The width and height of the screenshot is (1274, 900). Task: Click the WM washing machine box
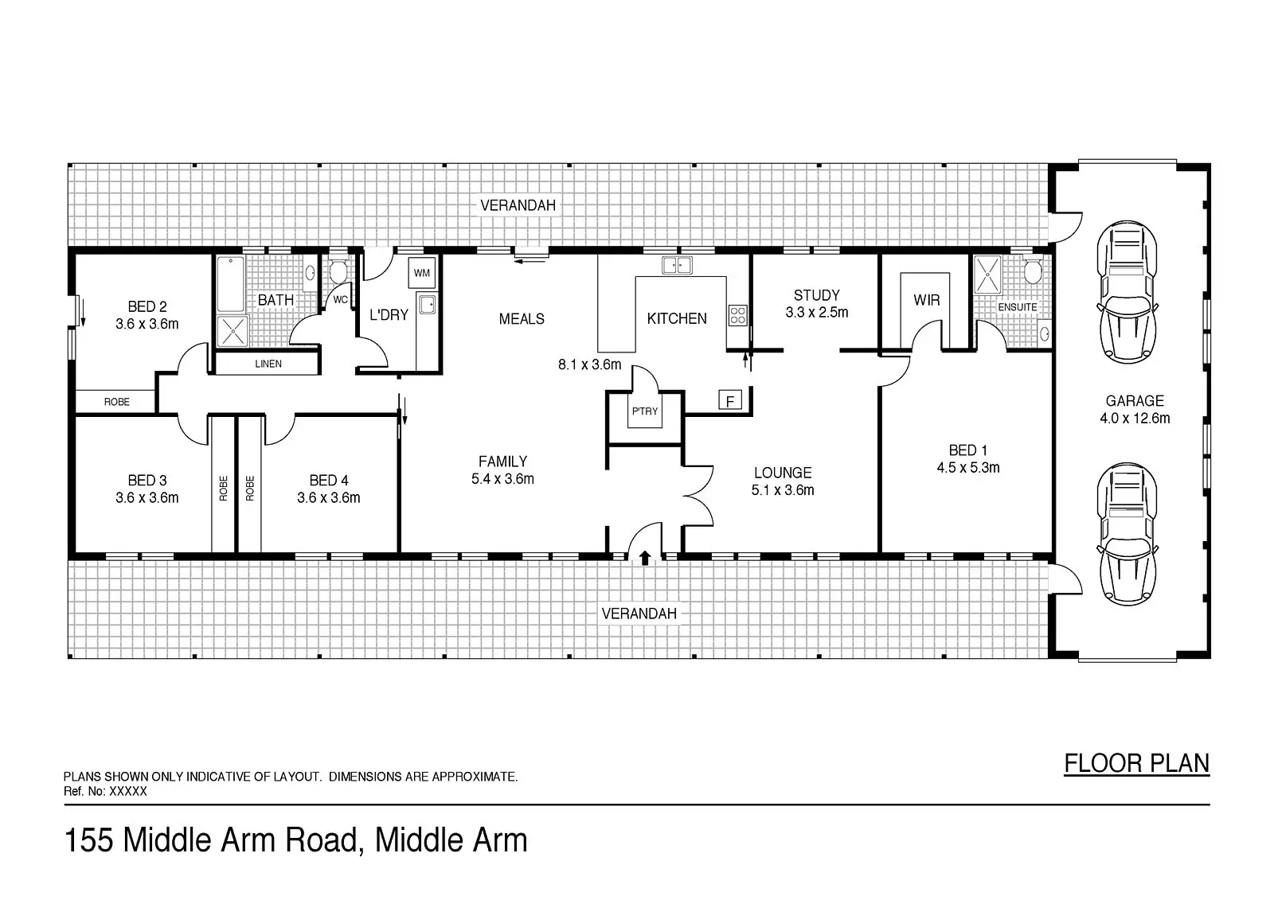pos(421,272)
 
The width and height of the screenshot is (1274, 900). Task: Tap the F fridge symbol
pos(729,399)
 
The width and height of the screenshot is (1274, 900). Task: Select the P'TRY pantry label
pos(645,411)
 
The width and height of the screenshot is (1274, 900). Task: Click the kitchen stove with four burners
pos(737,316)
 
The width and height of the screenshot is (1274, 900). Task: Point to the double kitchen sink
pos(677,264)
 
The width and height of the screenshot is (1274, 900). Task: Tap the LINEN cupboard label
pos(268,364)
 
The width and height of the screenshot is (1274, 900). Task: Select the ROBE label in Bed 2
pos(116,402)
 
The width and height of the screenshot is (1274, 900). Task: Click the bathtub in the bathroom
pos(230,284)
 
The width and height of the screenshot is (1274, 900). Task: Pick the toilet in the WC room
pos(338,272)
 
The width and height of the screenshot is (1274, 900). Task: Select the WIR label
pos(927,300)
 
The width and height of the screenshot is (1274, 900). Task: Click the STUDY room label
pos(817,295)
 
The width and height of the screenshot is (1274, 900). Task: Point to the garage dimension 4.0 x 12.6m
pos(1135,419)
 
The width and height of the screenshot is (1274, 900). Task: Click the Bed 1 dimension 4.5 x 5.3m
pos(968,467)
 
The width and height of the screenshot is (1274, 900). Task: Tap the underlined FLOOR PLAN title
pos(1136,764)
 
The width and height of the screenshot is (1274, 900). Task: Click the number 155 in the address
pos(89,840)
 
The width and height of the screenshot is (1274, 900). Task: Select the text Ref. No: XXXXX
pos(105,792)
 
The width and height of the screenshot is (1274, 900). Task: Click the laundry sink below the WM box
pos(427,304)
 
